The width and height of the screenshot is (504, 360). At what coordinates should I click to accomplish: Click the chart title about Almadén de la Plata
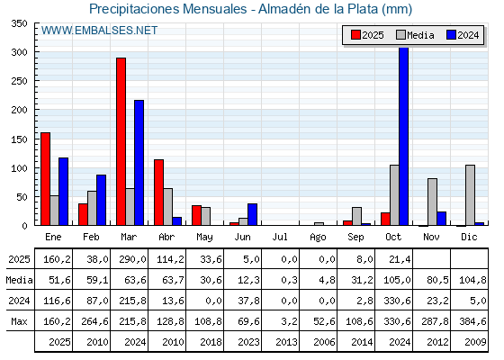pyautogui.click(x=251, y=9)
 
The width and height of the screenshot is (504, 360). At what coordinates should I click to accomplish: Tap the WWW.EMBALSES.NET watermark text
pyautogui.click(x=99, y=31)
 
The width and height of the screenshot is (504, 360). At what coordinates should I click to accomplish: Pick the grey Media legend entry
pyautogui.click(x=415, y=35)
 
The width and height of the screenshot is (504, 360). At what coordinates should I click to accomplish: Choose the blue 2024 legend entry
pyautogui.click(x=463, y=35)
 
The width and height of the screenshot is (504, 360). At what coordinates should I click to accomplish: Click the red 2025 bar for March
pyautogui.click(x=121, y=141)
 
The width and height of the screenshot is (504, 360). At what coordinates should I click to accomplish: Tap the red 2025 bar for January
pyautogui.click(x=45, y=179)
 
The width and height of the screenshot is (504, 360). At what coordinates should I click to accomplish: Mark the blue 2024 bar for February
pyautogui.click(x=101, y=200)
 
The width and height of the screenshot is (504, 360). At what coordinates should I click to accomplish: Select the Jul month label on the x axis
pyautogui.click(x=281, y=236)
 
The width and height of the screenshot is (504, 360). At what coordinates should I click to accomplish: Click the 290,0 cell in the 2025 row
pyautogui.click(x=130, y=260)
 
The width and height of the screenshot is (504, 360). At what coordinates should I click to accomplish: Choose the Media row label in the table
pyautogui.click(x=18, y=281)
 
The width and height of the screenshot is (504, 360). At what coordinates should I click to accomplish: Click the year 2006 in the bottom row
pyautogui.click(x=319, y=342)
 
